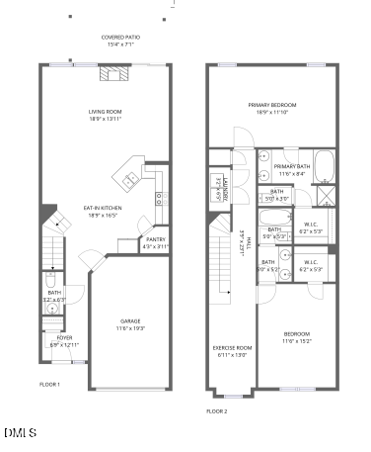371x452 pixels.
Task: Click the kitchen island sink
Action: (128, 179)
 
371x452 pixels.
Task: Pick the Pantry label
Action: (156, 238)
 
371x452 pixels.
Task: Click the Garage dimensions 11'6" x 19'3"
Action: (130, 327)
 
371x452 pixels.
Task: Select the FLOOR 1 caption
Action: (49, 384)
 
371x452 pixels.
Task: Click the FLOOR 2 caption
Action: (216, 409)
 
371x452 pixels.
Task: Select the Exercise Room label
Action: (233, 347)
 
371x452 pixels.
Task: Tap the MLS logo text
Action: (20, 432)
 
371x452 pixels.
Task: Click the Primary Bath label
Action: (293, 166)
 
